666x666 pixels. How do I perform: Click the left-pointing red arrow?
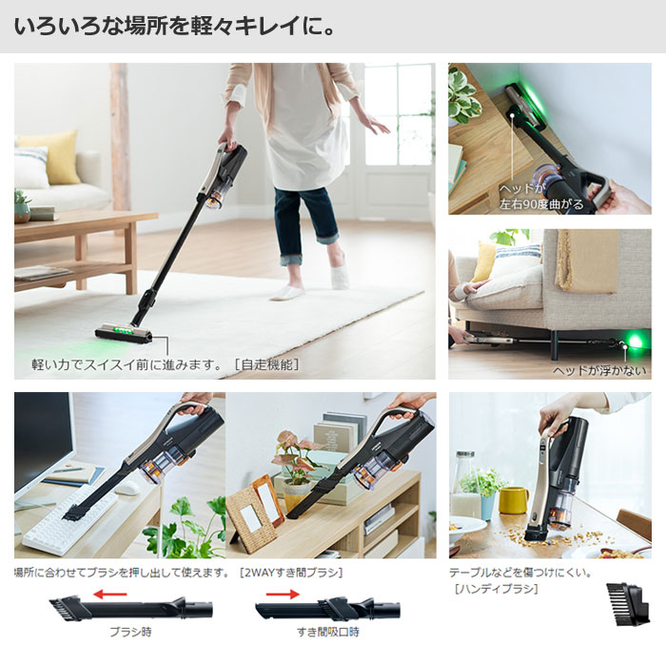click(x=109, y=594)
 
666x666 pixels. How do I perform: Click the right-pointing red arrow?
click(x=283, y=594)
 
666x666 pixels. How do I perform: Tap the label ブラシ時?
click(x=130, y=632)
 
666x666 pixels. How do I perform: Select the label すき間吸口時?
click(x=328, y=632)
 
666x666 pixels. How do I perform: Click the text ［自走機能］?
click(x=267, y=364)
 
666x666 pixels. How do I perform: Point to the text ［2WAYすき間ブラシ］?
click(x=291, y=573)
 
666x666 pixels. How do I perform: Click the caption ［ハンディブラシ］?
click(x=496, y=589)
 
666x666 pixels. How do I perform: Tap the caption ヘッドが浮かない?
click(x=599, y=371)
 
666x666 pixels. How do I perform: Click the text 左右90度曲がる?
click(x=541, y=205)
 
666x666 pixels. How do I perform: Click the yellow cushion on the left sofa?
click(x=62, y=156)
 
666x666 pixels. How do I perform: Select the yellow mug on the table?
click(x=513, y=499)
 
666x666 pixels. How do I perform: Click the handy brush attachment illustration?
click(x=628, y=603)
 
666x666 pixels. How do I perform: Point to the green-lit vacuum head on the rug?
click(x=123, y=332)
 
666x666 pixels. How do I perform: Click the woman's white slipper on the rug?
click(x=287, y=293)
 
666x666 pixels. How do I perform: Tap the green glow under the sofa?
click(x=636, y=341)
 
